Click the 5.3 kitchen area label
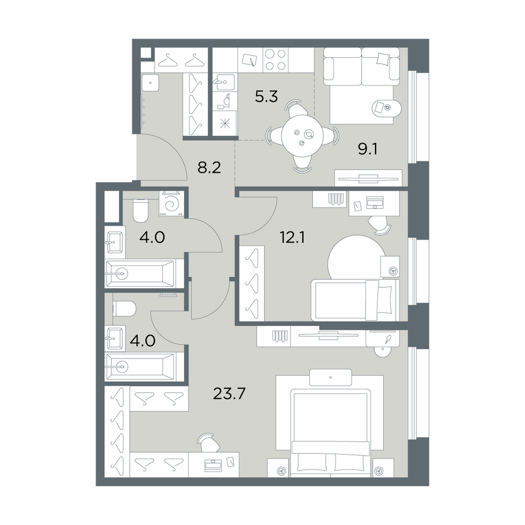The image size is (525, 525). pos(267,97)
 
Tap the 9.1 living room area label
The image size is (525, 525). pos(368,149)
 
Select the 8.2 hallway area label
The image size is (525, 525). pos(209,168)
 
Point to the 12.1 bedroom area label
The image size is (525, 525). pos(292,237)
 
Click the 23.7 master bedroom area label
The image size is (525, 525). pos(229,394)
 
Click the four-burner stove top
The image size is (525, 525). pos(276,60)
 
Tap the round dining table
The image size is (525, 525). pos(303,135)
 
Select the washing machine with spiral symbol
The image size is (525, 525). pos(172,203)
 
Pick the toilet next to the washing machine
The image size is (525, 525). pos(141,211)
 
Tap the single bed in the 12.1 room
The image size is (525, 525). pos(355,300)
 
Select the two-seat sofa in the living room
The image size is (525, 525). pos(362,67)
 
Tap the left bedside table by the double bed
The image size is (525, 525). pos(278,468)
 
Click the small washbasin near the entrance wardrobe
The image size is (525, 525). pos(150,82)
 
